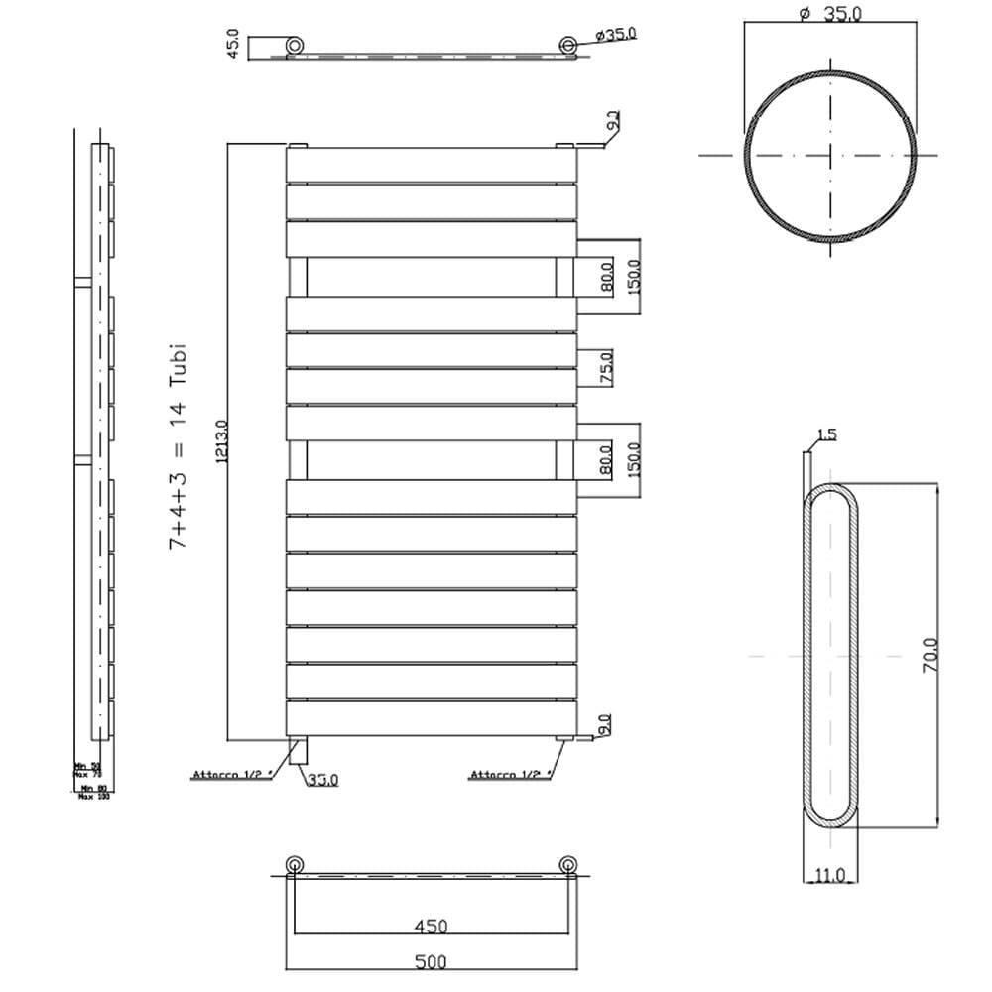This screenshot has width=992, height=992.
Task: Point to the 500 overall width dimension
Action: pyautogui.click(x=432, y=961)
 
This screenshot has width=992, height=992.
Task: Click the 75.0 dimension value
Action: pyautogui.click(x=606, y=367)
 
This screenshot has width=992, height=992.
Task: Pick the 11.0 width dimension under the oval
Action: pyautogui.click(x=828, y=874)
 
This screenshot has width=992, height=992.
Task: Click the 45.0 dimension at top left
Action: pyautogui.click(x=234, y=47)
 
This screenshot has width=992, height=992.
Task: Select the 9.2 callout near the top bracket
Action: pyautogui.click(x=613, y=123)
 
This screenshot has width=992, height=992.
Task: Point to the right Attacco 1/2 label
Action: pyautogui.click(x=508, y=775)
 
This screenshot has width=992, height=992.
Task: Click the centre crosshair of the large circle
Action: pyautogui.click(x=830, y=155)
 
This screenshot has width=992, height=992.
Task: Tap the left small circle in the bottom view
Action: pyautogui.click(x=295, y=865)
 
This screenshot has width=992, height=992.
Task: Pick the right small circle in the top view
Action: pyautogui.click(x=567, y=45)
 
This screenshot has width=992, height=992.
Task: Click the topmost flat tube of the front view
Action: pyautogui.click(x=432, y=165)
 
